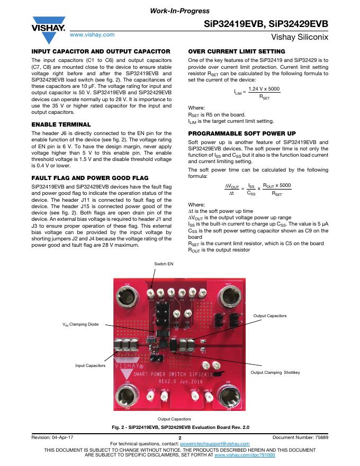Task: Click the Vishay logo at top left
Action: coord(48,31)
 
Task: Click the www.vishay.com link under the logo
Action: coord(92,34)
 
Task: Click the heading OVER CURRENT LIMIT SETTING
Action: coord(237,51)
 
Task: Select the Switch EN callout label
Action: coord(164,263)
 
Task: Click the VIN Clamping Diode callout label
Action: coord(82,324)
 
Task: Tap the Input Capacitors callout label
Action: coord(90,365)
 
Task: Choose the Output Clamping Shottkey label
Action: coord(275,372)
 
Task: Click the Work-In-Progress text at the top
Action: coord(180,11)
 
